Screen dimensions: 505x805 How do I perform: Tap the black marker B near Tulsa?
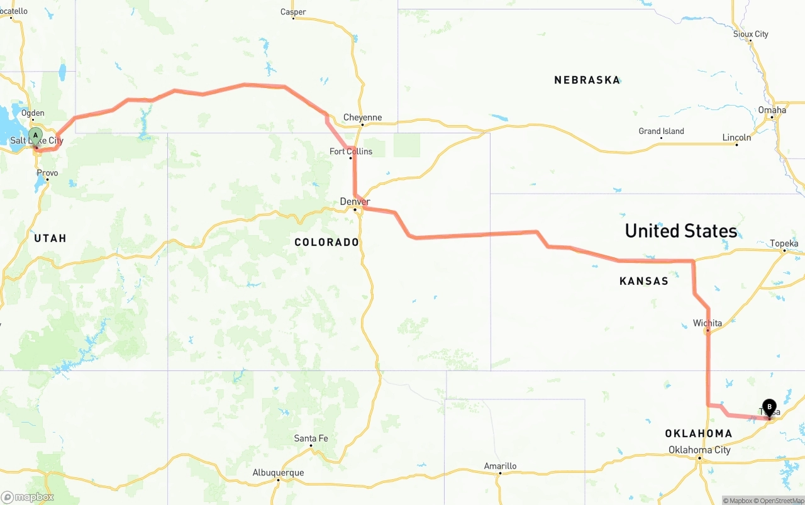click(769, 407)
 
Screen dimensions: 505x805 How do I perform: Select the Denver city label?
click(355, 201)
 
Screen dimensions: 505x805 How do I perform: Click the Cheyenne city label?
click(362, 118)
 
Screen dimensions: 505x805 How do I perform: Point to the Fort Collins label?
click(351, 151)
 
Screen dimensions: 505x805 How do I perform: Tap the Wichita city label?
click(708, 323)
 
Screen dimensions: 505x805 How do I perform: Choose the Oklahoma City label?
click(699, 450)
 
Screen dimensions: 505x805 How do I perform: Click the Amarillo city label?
click(500, 466)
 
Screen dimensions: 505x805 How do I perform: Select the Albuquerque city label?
click(278, 472)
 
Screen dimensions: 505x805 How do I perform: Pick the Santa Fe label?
click(311, 438)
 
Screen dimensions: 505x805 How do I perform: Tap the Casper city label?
click(293, 12)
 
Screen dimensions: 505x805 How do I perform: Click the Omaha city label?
click(772, 110)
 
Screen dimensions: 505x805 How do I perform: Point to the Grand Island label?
click(661, 131)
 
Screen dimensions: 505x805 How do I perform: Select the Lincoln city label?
click(736, 137)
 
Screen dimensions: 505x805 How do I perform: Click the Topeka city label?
click(784, 243)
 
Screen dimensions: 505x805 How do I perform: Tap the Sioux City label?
click(750, 34)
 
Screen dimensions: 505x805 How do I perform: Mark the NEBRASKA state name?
click(587, 80)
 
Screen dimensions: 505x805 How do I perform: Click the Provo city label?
click(47, 173)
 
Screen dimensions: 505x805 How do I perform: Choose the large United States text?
click(680, 231)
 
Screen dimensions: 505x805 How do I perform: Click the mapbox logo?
click(28, 497)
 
